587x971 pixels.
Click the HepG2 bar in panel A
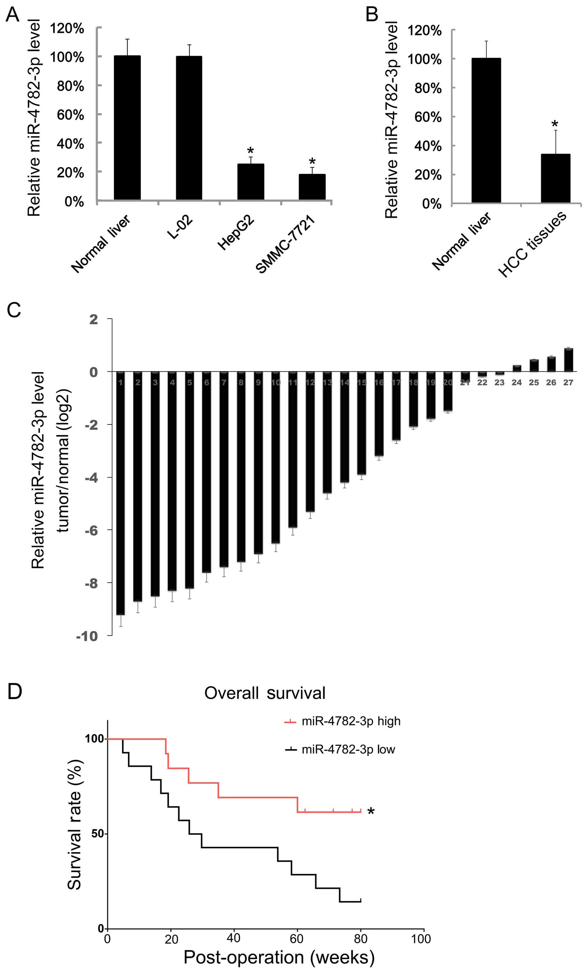coord(251,182)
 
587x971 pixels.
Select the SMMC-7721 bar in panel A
coord(312,187)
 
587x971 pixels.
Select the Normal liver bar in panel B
coord(486,130)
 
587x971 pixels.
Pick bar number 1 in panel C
coord(121,493)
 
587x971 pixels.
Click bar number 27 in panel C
coord(568,360)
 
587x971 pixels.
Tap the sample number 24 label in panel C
coord(516,383)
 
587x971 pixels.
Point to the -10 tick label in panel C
coord(87,636)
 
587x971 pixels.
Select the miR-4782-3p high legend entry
coord(342,721)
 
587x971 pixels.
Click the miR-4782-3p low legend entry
coord(340,749)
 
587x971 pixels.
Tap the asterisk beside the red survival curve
coord(371,811)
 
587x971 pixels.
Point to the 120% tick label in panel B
coord(424,31)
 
